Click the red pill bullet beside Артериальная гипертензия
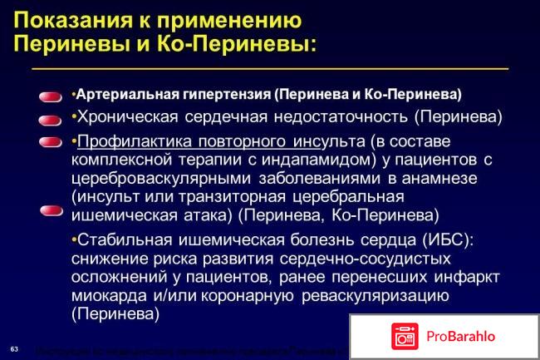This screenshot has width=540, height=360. pos(51,98)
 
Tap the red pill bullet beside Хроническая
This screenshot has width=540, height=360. pos(51,120)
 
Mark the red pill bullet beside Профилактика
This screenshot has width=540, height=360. pos(51,142)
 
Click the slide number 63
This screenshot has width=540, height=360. pos(14,346)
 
